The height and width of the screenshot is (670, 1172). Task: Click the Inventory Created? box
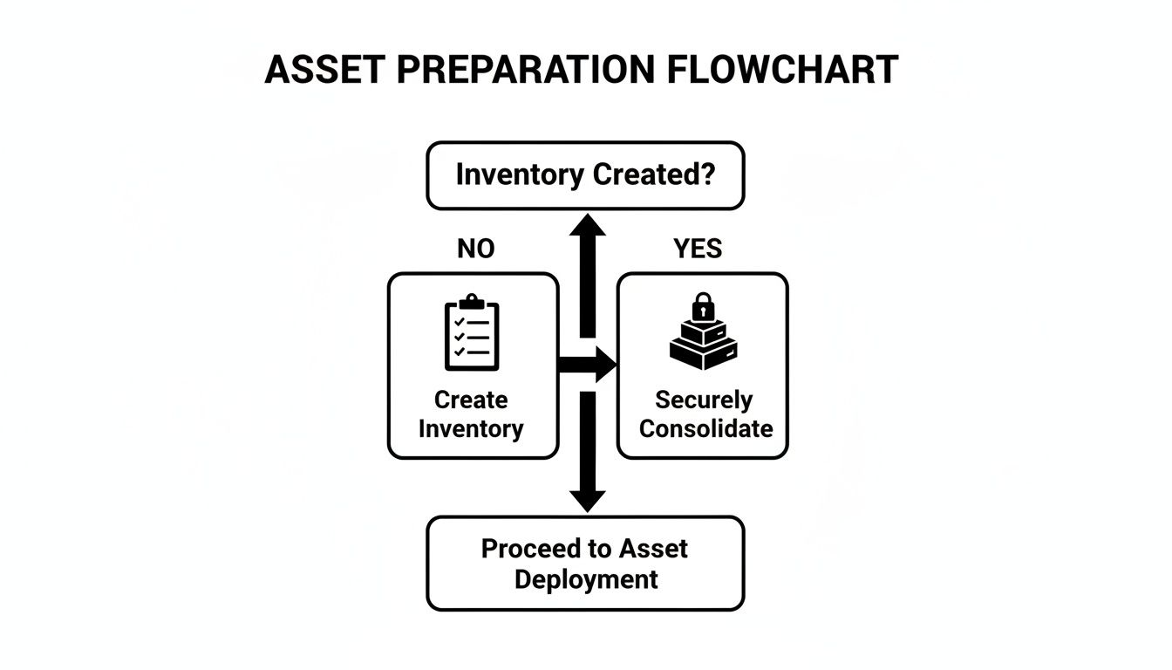(x=585, y=175)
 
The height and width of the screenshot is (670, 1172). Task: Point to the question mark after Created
(x=707, y=174)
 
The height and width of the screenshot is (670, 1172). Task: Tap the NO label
(x=475, y=250)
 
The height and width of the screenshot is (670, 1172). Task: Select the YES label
(x=698, y=250)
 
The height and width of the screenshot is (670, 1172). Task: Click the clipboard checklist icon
(x=472, y=335)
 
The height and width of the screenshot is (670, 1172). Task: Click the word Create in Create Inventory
(x=471, y=400)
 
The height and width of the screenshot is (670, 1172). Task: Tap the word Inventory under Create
(x=471, y=428)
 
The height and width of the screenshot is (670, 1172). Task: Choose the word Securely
(x=704, y=400)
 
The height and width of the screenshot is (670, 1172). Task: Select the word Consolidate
(x=705, y=428)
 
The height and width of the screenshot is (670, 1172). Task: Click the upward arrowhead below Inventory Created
(x=587, y=226)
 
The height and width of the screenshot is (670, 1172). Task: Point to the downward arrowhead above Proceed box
(x=587, y=500)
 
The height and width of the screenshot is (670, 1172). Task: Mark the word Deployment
(x=586, y=578)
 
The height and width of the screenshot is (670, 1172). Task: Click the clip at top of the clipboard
(x=472, y=301)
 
